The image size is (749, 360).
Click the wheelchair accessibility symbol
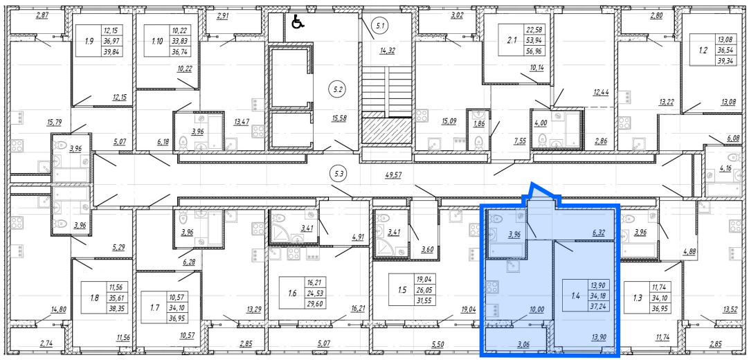[298, 21]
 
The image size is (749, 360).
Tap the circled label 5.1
[380, 26]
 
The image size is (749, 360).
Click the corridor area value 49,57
[393, 175]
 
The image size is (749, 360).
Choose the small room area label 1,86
[478, 123]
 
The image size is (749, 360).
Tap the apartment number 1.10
[156, 41]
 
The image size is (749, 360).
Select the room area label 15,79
[54, 123]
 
